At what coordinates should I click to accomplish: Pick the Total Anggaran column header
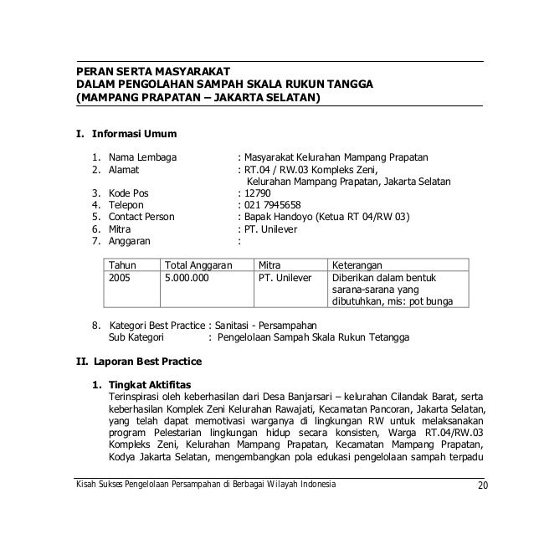198,264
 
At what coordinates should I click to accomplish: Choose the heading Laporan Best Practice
147,362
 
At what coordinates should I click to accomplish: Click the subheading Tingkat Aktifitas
150,384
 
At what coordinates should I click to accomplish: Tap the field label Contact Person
141,216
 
